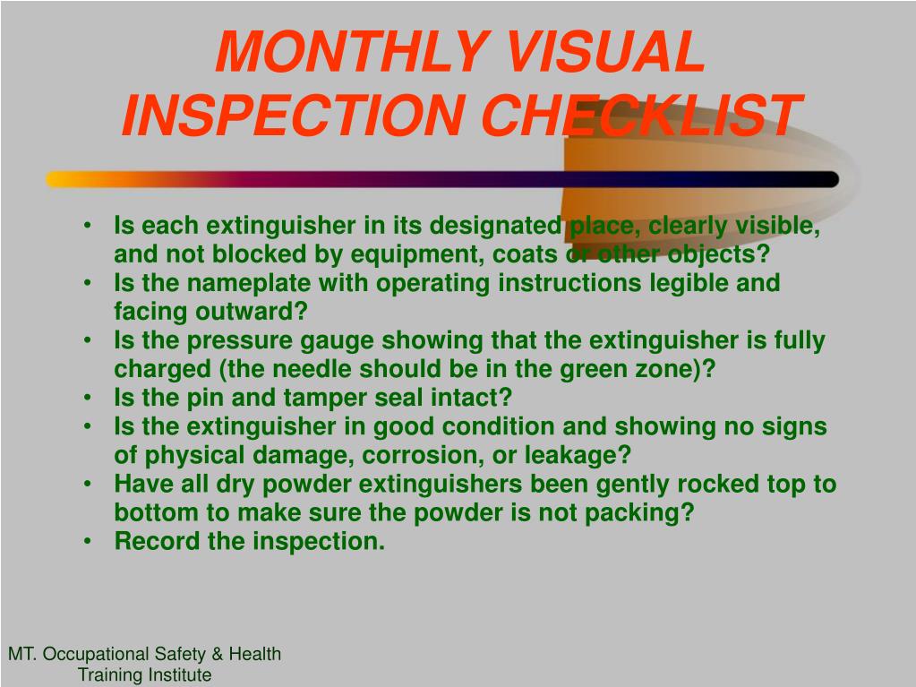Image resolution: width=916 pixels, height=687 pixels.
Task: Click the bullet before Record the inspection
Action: point(87,542)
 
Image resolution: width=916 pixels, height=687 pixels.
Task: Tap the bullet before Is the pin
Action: point(87,398)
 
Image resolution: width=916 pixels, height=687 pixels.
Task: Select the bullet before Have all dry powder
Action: point(87,485)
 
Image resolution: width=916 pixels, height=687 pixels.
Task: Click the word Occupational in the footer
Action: point(96,654)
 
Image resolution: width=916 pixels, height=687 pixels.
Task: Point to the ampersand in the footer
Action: point(218,654)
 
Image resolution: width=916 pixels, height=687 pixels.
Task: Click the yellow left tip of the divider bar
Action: point(48,179)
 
